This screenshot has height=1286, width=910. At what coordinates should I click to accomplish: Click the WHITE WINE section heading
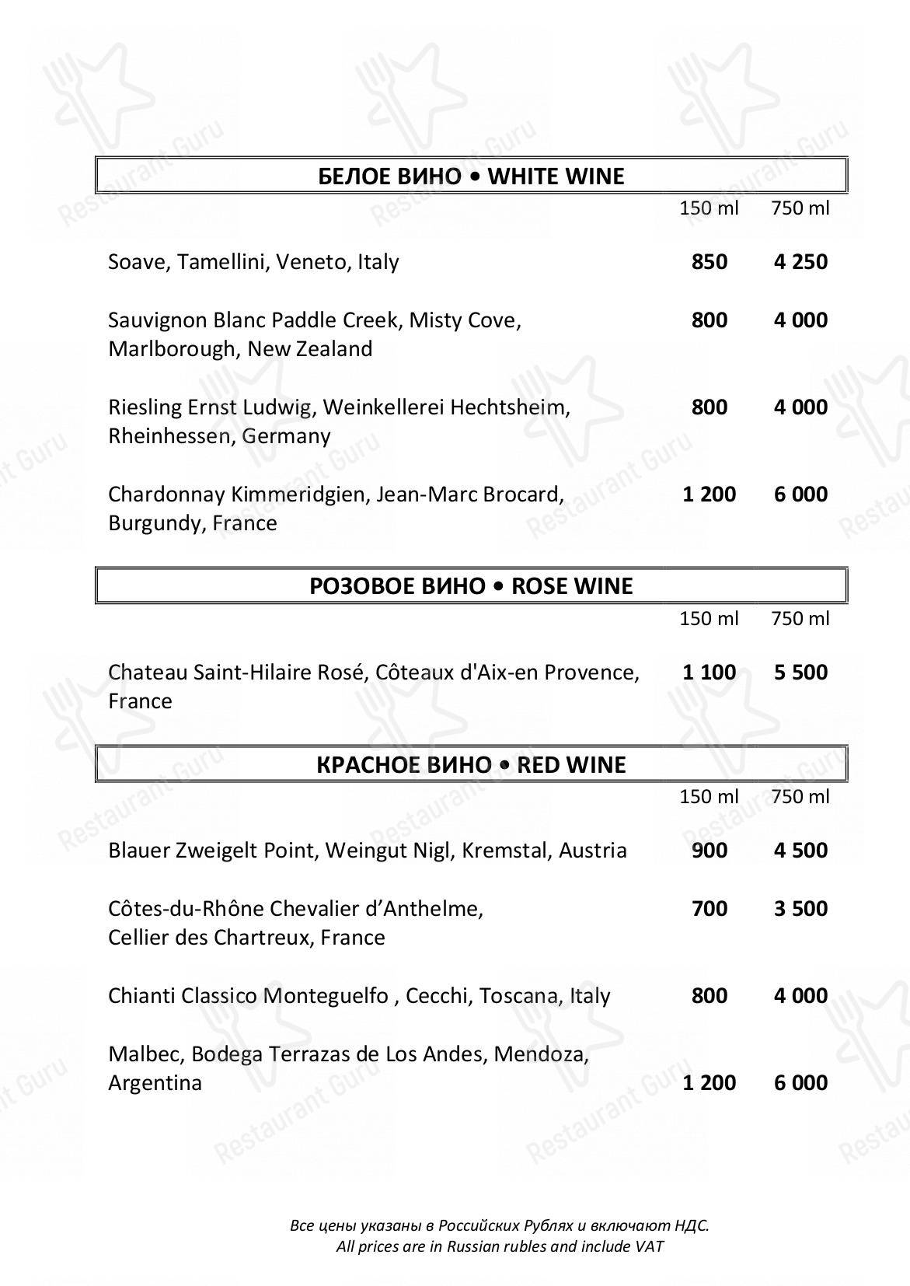[x=471, y=176]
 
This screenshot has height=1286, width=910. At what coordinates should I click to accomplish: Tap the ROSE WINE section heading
[x=471, y=586]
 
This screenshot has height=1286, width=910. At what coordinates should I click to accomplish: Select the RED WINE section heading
[x=471, y=765]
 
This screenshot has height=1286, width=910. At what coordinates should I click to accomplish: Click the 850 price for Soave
[x=709, y=261]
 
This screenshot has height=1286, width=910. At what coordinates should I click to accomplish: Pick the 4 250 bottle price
[x=800, y=261]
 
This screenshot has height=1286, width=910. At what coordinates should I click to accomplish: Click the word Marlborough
[x=174, y=349]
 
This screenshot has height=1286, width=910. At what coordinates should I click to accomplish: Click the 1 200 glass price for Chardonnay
[x=709, y=494]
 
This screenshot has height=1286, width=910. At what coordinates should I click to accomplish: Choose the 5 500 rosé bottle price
[x=800, y=673]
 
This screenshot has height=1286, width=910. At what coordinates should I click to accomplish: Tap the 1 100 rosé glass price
[x=709, y=673]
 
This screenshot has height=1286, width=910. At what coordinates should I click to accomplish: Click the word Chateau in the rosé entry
[x=148, y=673]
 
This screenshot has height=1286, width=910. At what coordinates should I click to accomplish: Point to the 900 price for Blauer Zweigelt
[x=709, y=851]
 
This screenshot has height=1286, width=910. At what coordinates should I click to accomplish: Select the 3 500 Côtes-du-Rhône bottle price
[x=800, y=909]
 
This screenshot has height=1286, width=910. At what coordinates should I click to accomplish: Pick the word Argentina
[x=155, y=1083]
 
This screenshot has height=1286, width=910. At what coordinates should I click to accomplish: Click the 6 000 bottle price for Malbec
[x=800, y=1083]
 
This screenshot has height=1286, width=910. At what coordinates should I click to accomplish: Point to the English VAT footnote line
[x=500, y=1246]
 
